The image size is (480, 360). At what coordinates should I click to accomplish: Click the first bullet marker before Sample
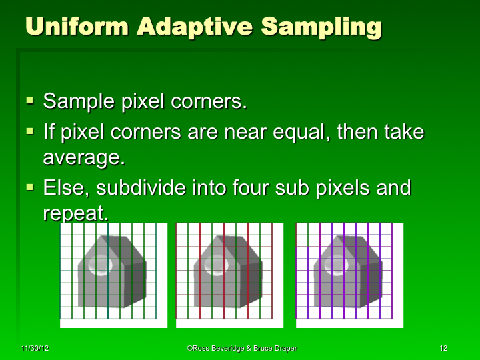click(30, 101)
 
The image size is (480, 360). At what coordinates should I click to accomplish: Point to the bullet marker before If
click(30, 131)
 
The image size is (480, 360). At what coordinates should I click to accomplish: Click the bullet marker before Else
click(30, 187)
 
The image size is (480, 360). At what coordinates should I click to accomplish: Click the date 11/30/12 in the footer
click(34, 349)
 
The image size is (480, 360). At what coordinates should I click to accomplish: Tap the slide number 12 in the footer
click(443, 349)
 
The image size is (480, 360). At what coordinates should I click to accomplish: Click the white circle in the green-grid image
click(100, 265)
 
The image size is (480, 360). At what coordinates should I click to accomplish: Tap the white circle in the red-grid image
click(216, 265)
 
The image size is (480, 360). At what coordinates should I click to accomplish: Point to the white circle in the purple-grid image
click(335, 265)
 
